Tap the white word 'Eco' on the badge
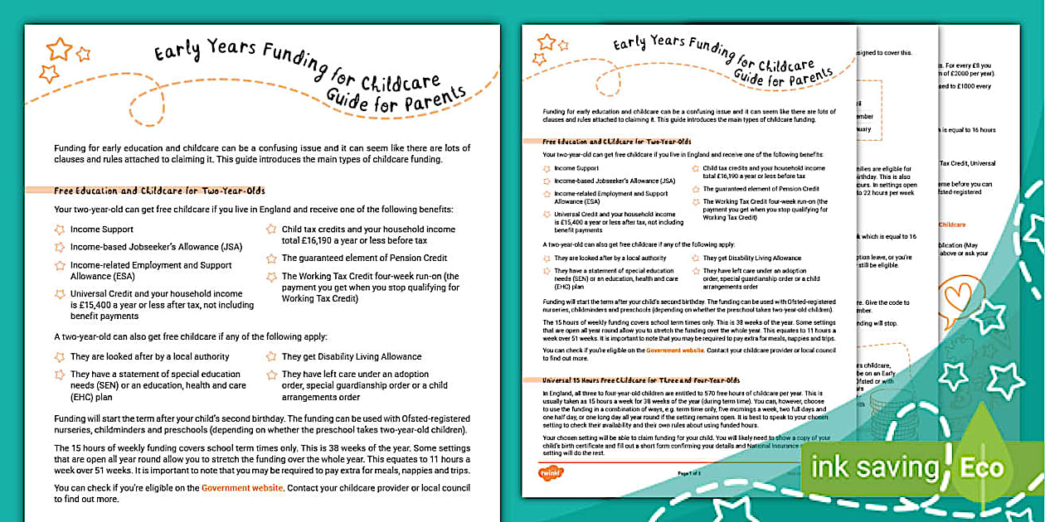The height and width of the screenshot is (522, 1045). (x=982, y=466)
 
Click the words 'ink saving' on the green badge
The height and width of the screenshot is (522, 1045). (x=875, y=467)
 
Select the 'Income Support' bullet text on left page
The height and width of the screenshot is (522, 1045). (x=101, y=229)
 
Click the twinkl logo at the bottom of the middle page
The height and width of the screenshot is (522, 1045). (x=552, y=472)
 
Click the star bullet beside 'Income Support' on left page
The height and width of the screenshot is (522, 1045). (x=59, y=229)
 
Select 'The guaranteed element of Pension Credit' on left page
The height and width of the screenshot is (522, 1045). (x=364, y=258)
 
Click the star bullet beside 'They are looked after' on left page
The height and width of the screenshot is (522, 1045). (x=59, y=356)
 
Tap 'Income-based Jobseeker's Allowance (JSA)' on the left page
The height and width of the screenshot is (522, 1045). (x=144, y=247)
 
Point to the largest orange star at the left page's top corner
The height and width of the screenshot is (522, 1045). (x=59, y=49)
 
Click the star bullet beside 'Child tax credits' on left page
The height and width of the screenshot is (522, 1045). (x=271, y=230)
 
